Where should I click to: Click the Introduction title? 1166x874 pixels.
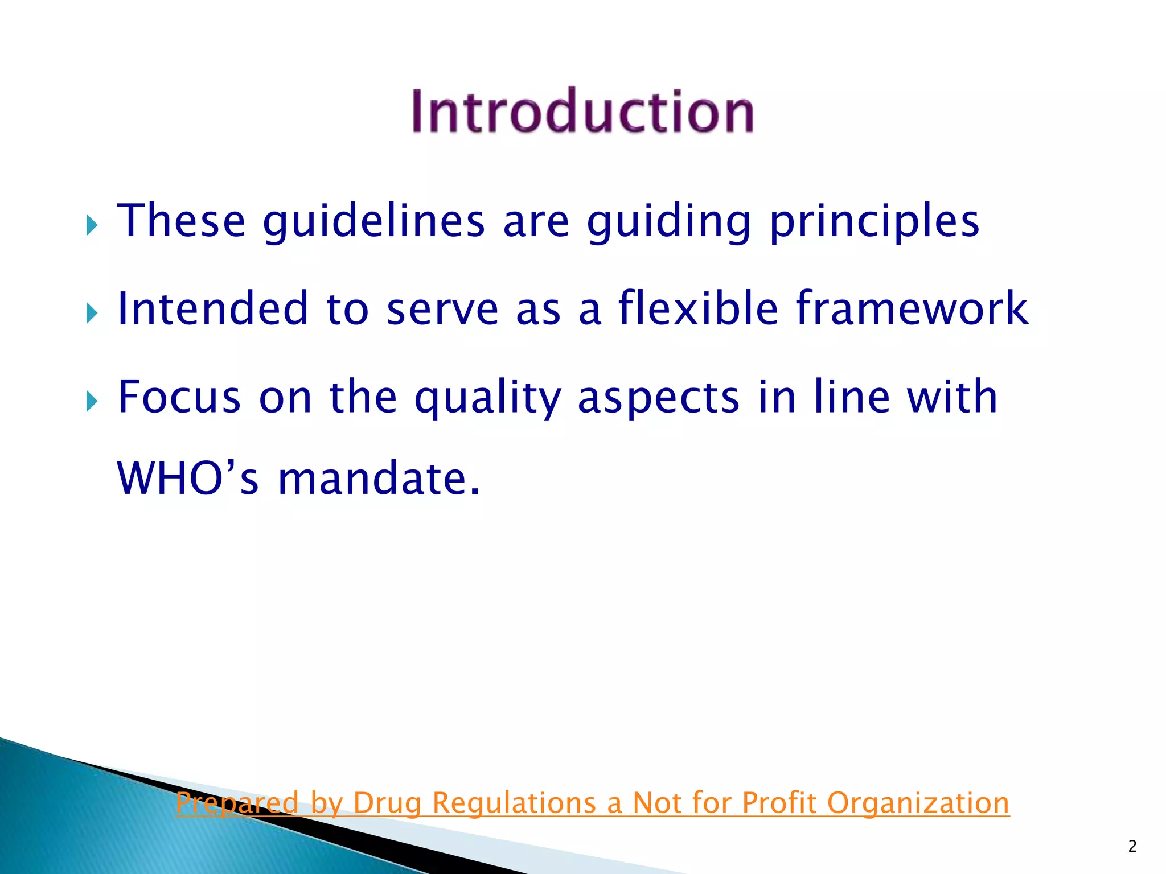click(x=583, y=111)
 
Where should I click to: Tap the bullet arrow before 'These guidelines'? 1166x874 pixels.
click(x=92, y=225)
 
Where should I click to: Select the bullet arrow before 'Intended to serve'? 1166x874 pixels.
click(x=92, y=313)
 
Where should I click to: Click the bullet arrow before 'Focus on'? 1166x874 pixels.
click(x=92, y=401)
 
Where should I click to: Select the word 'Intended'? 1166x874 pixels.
click(x=213, y=308)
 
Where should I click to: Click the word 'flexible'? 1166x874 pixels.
click(x=698, y=308)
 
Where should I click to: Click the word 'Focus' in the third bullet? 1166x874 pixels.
click(x=179, y=397)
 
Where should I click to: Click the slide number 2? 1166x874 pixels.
click(x=1132, y=847)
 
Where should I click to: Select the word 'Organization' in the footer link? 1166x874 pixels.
click(x=918, y=803)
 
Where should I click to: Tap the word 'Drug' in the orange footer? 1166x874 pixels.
click(x=387, y=803)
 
